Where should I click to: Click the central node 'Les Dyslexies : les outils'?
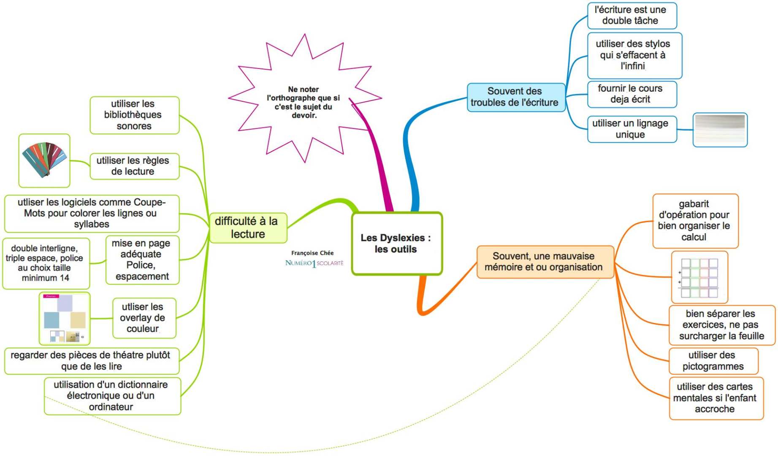(396, 244)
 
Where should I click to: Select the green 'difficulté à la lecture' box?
(248, 228)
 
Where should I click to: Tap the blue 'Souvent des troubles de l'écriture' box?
(516, 98)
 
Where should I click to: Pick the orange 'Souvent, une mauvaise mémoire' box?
(545, 262)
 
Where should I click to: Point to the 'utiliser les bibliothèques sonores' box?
(134, 115)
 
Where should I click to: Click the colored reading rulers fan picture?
(44, 160)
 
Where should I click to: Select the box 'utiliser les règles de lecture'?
(134, 166)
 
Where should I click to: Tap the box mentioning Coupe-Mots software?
(92, 213)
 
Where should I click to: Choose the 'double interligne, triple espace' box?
(46, 263)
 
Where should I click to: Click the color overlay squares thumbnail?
(65, 318)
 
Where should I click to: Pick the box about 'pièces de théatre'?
(92, 361)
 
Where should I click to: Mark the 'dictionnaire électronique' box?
(112, 396)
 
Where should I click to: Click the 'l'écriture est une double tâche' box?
(632, 16)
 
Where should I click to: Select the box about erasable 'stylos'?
(634, 55)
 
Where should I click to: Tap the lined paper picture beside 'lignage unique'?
(720, 130)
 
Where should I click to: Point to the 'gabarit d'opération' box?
(695, 221)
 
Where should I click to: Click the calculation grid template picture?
(699, 277)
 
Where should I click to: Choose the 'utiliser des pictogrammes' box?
(713, 361)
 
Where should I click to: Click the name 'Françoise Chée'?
(312, 253)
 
